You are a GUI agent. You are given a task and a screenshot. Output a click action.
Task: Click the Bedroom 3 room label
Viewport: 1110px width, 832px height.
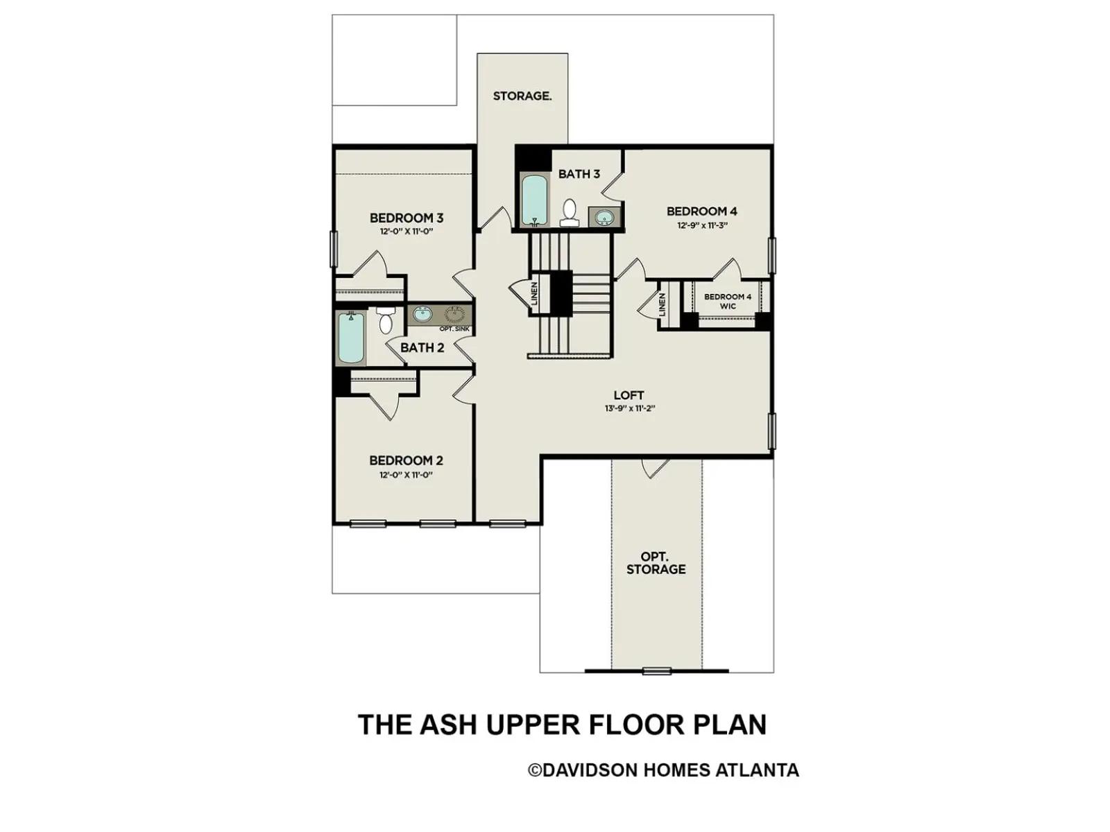pos(407,218)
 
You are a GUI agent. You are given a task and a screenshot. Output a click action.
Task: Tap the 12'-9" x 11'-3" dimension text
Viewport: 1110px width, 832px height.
pos(702,226)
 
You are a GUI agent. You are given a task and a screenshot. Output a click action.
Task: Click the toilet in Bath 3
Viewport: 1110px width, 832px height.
pos(570,213)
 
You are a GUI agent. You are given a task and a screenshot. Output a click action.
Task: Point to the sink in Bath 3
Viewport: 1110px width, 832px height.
pos(604,218)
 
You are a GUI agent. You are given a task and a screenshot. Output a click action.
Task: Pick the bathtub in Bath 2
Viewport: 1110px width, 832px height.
pos(350,338)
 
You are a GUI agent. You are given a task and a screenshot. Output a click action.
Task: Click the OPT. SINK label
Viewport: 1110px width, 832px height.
pos(454,329)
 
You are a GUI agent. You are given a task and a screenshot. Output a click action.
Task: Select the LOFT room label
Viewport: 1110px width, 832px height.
pos(629,395)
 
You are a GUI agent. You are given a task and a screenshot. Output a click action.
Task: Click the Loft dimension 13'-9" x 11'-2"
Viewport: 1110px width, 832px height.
pos(630,408)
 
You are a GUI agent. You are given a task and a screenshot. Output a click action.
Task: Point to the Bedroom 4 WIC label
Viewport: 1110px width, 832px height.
pos(728,301)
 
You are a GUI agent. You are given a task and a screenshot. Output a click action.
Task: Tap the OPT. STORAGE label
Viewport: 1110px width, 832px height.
pos(656,563)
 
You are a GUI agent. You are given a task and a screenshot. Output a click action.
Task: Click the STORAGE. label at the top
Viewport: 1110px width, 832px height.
pos(522,96)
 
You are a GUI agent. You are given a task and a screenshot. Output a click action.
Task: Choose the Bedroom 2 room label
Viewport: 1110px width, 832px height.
pos(406,460)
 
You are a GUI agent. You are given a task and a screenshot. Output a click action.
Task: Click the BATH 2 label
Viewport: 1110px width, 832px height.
pos(422,347)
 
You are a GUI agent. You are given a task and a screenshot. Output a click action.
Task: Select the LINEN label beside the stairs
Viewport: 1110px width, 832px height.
pos(534,294)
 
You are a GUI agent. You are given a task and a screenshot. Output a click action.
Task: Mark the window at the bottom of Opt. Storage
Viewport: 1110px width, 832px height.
pos(657,671)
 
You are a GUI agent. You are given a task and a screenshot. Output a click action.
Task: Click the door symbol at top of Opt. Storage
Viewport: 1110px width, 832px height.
pos(655,468)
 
